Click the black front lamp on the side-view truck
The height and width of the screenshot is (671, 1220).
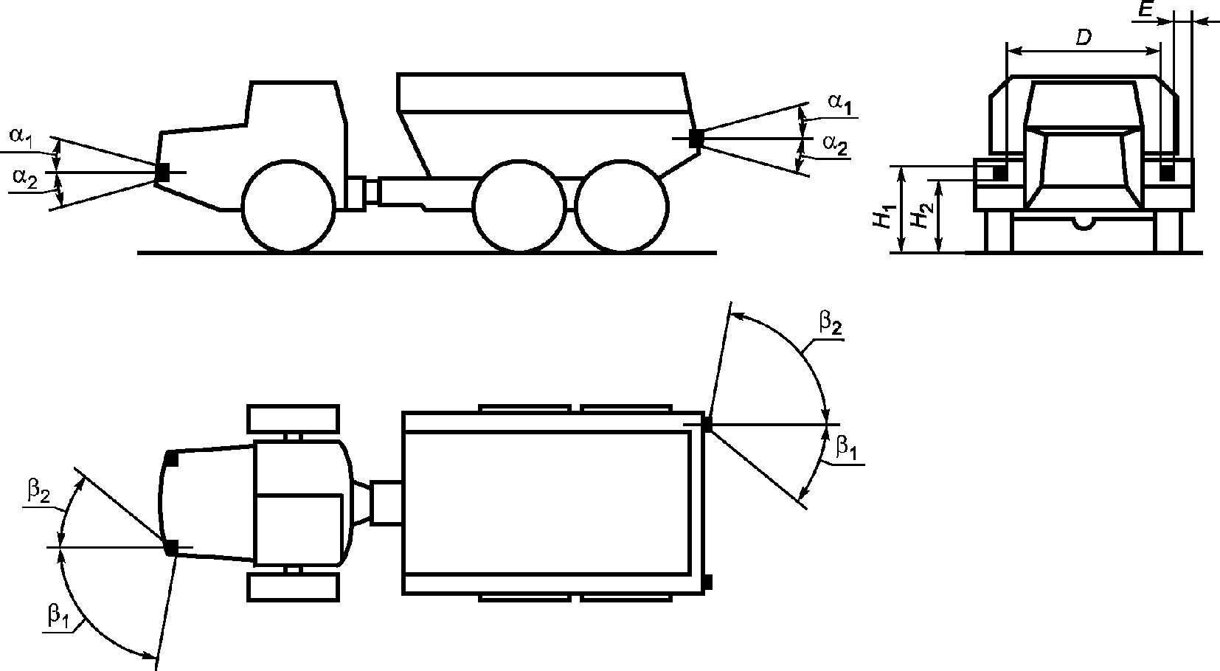point(162,173)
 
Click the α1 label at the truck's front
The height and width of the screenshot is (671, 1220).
point(21,136)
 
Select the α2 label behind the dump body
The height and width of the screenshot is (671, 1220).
point(836,145)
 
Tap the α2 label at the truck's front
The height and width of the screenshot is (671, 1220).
point(25,178)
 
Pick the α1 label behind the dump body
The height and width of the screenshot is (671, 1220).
point(840,103)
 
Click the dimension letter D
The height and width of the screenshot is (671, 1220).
point(1084,37)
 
